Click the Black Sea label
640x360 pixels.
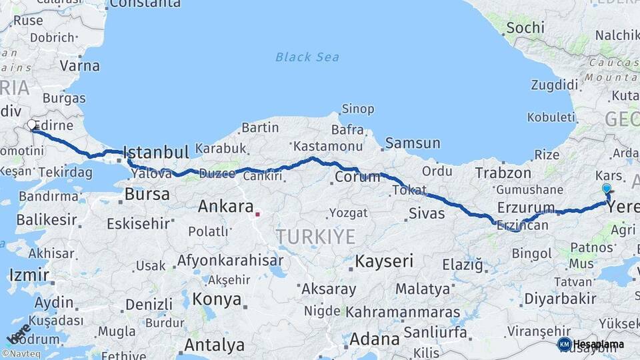307,57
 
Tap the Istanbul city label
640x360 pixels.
157,152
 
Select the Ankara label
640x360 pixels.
225,207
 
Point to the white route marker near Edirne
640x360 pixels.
31,125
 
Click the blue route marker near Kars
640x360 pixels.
606,189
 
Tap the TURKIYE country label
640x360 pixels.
315,236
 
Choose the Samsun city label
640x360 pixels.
413,143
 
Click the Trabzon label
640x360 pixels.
503,173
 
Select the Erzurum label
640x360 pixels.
526,208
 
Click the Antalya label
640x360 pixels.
214,345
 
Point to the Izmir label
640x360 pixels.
29,275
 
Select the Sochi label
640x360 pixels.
525,28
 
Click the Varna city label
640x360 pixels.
79,66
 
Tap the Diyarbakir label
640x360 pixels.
560,298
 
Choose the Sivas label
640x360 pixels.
426,213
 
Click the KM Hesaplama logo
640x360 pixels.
591,344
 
